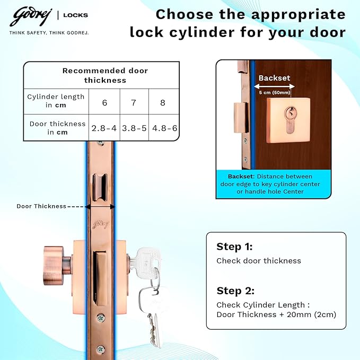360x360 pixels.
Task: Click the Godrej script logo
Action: pyautogui.click(x=31, y=16)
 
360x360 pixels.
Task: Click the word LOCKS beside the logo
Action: pyautogui.click(x=75, y=15)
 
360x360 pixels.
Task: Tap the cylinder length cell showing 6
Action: pyautogui.click(x=104, y=102)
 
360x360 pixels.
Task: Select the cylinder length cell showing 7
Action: pyautogui.click(x=134, y=102)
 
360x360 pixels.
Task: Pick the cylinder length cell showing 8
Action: pyautogui.click(x=163, y=102)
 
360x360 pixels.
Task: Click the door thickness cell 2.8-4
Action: pyautogui.click(x=104, y=128)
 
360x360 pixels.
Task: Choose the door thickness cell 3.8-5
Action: pyautogui.click(x=134, y=128)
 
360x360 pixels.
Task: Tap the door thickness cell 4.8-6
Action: pyautogui.click(x=164, y=128)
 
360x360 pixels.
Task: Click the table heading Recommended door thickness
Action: pyautogui.click(x=105, y=75)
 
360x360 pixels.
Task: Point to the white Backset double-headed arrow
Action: pyautogui.click(x=274, y=86)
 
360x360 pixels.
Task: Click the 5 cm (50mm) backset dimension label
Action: pyautogui.click(x=274, y=93)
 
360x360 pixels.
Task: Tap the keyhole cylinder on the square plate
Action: pyautogui.click(x=290, y=120)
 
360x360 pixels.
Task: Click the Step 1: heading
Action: pyautogui.click(x=234, y=247)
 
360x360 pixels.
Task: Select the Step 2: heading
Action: pyautogui.click(x=235, y=291)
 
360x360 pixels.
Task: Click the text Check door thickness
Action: pyautogui.click(x=259, y=261)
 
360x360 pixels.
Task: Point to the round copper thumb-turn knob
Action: pyautogui.click(x=54, y=266)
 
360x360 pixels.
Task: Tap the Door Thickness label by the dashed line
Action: pyautogui.click(x=41, y=206)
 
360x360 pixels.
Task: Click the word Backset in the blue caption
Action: pyautogui.click(x=241, y=177)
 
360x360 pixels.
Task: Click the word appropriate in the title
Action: pyautogui.click(x=298, y=15)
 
